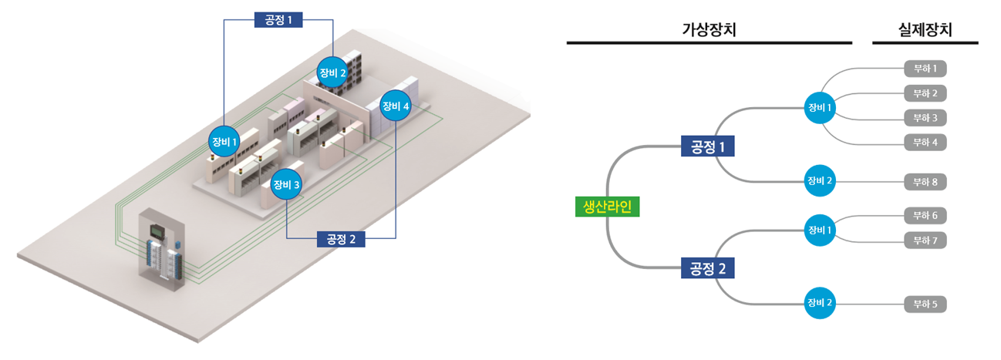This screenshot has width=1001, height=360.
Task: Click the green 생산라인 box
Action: [607, 207]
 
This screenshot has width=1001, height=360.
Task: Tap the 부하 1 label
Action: [925, 69]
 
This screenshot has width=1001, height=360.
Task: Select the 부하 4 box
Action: [925, 143]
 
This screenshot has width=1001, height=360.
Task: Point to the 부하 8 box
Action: [925, 182]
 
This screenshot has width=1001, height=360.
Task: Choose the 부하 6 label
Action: [925, 216]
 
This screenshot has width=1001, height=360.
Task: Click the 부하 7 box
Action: [925, 241]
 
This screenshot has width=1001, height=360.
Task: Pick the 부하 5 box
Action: [925, 304]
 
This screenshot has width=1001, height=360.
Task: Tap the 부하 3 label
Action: [925, 118]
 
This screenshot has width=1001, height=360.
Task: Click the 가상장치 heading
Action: [709, 29]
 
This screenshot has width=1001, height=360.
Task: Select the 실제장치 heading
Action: [925, 29]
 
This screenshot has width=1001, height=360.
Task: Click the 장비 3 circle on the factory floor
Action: [286, 184]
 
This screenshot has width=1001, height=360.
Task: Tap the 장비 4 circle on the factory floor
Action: [396, 106]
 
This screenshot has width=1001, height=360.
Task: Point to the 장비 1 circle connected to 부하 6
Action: [820, 230]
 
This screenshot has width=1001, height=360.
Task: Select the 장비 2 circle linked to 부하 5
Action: [820, 303]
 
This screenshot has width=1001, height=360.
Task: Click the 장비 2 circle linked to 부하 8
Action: [820, 180]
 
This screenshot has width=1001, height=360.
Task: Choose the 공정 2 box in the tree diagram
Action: [707, 268]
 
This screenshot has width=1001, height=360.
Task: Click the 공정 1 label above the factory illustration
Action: [278, 19]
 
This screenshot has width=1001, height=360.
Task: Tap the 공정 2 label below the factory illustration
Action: [341, 239]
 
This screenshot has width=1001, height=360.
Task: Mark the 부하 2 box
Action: [925, 93]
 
